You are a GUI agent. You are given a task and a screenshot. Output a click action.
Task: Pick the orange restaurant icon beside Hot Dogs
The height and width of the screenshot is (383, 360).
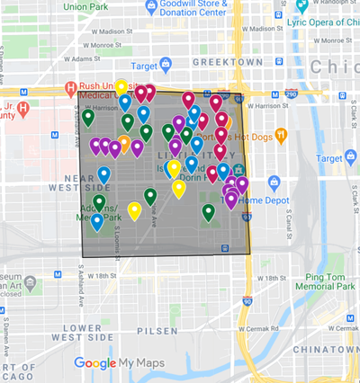click(281, 135)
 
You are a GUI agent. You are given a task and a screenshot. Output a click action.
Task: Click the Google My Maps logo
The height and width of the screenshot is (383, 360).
click(114, 363)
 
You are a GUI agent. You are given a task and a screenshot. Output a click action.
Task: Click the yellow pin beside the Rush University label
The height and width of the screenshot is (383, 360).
click(121, 86)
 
